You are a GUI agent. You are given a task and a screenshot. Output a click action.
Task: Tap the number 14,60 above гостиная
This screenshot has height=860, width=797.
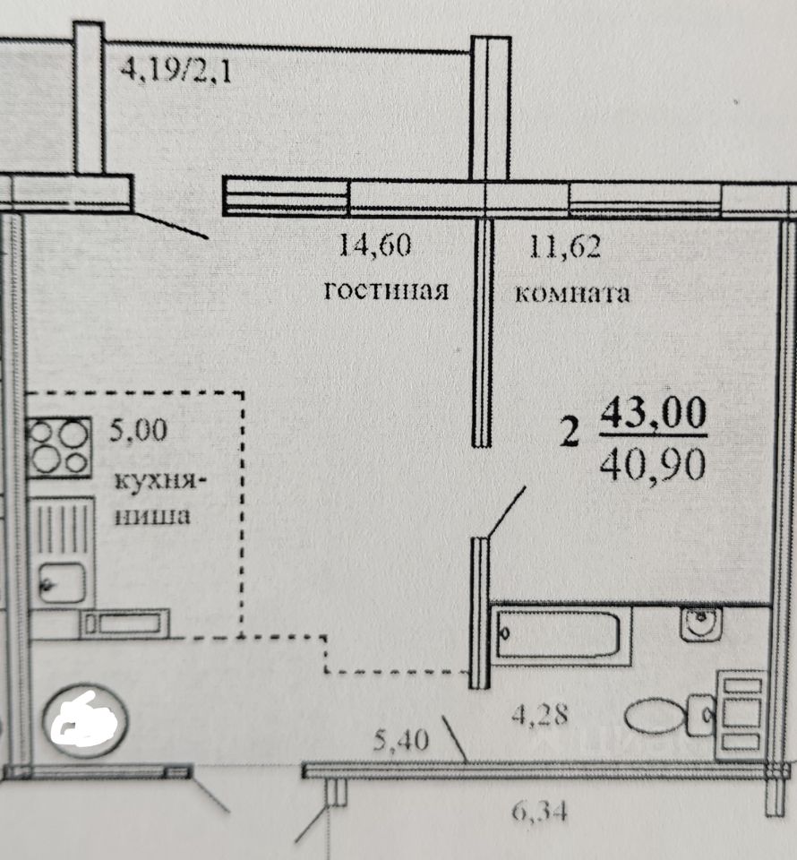tap(375, 245)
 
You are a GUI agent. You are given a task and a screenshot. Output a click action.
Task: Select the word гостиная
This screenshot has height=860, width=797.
tap(385, 292)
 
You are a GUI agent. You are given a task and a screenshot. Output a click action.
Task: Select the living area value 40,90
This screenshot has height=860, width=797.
tap(654, 464)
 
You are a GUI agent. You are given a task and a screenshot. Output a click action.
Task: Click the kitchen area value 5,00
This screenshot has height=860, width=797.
tap(137, 433)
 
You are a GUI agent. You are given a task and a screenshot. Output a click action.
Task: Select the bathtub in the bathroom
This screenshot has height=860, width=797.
tap(557, 633)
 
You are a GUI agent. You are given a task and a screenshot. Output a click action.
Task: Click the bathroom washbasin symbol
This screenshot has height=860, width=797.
tap(701, 623)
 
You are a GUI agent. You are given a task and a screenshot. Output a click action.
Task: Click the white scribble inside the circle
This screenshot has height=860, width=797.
tap(86, 718)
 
